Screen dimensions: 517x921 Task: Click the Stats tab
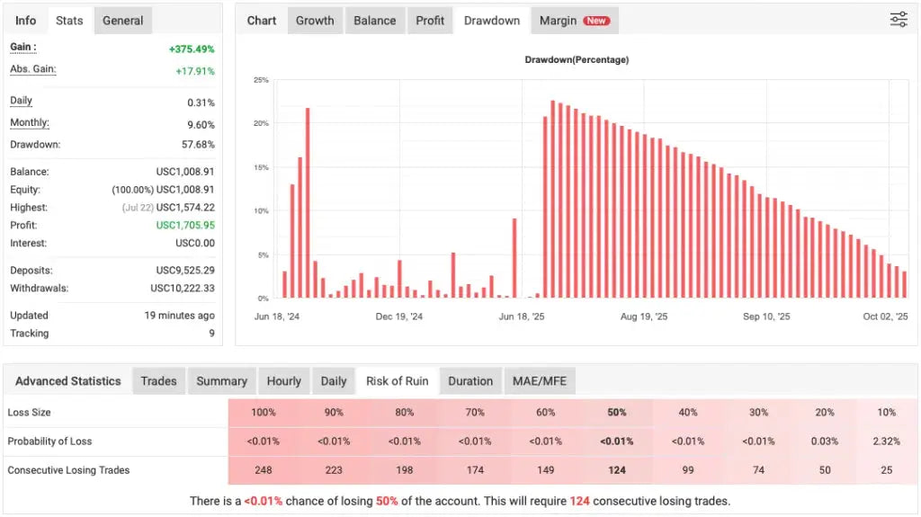pyautogui.click(x=69, y=21)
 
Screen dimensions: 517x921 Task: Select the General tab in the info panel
pyautogui.click(x=122, y=21)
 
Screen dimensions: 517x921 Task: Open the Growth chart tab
pyautogui.click(x=315, y=21)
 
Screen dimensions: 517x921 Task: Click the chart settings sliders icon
pyautogui.click(x=899, y=20)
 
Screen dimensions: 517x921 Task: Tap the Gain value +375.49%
pyautogui.click(x=192, y=49)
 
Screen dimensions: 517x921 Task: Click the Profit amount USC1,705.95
pyautogui.click(x=185, y=226)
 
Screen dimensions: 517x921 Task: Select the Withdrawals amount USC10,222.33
pyautogui.click(x=183, y=289)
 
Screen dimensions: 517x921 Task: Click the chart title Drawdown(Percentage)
pyautogui.click(x=577, y=60)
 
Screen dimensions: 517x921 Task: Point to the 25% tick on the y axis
pyautogui.click(x=260, y=80)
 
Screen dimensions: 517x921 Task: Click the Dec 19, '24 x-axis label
pyautogui.click(x=399, y=316)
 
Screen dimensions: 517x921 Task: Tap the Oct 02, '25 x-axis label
pyautogui.click(x=886, y=316)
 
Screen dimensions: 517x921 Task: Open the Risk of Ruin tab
pyautogui.click(x=397, y=381)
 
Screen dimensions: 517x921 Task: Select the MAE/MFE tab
pyautogui.click(x=540, y=381)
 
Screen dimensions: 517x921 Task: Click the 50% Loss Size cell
pyautogui.click(x=617, y=413)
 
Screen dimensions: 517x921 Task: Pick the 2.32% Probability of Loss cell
pyautogui.click(x=886, y=441)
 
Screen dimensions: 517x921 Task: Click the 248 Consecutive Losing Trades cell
pyautogui.click(x=264, y=470)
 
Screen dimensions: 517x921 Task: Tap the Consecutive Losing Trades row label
pyautogui.click(x=68, y=470)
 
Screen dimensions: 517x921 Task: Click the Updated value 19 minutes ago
pyautogui.click(x=180, y=316)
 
